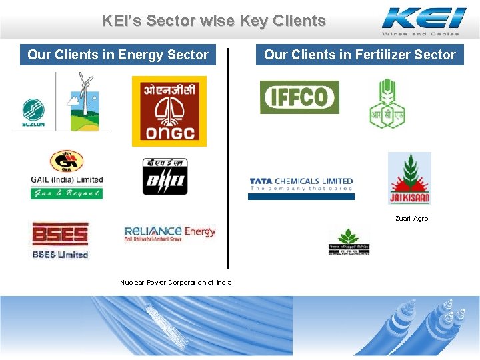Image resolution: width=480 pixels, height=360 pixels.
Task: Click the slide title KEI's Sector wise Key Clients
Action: (213, 21)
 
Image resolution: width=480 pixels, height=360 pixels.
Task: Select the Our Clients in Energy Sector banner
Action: (118, 55)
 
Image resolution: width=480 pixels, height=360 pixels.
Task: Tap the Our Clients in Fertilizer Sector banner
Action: (360, 55)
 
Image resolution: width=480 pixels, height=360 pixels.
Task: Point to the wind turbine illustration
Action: (83, 100)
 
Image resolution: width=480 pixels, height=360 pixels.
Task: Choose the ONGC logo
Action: (169, 111)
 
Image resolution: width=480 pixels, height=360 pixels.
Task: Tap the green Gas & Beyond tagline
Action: (67, 193)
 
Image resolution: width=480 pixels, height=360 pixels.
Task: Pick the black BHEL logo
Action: (165, 177)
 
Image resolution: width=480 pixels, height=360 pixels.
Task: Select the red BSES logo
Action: (60, 239)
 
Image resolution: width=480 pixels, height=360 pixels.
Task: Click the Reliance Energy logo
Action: (170, 233)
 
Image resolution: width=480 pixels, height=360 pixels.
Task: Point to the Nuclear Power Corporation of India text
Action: (176, 283)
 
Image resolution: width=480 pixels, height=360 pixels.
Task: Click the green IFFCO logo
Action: (299, 97)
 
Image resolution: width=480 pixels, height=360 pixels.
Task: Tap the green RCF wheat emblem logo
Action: (387, 103)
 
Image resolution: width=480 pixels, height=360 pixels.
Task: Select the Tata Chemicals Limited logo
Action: (301, 185)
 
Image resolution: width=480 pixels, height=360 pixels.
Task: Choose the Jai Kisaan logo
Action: (409, 178)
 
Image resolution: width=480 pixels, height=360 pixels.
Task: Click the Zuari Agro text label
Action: (411, 219)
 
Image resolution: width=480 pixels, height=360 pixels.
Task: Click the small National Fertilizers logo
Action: (348, 241)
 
